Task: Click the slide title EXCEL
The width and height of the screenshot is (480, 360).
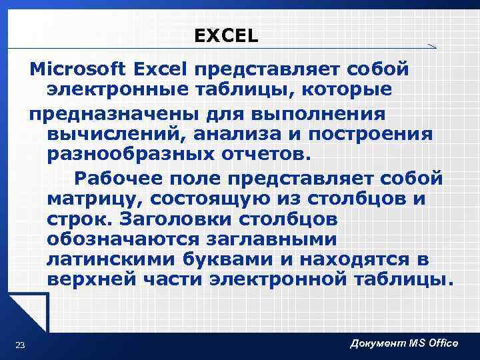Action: pyautogui.click(x=226, y=36)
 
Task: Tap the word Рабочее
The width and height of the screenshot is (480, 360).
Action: pyautogui.click(x=118, y=178)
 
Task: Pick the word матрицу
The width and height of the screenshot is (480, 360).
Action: pyautogui.click(x=95, y=199)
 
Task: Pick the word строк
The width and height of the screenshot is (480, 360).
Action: pyautogui.click(x=76, y=219)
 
